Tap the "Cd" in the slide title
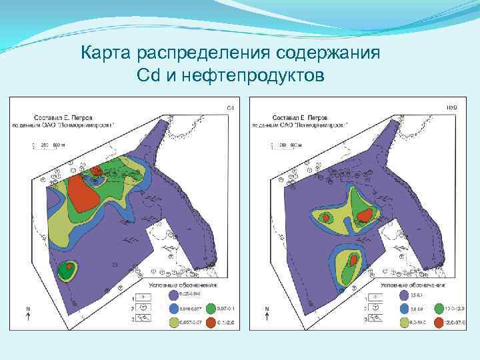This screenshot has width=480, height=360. pos(147,76)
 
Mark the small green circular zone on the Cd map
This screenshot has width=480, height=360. pos(66,270)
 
